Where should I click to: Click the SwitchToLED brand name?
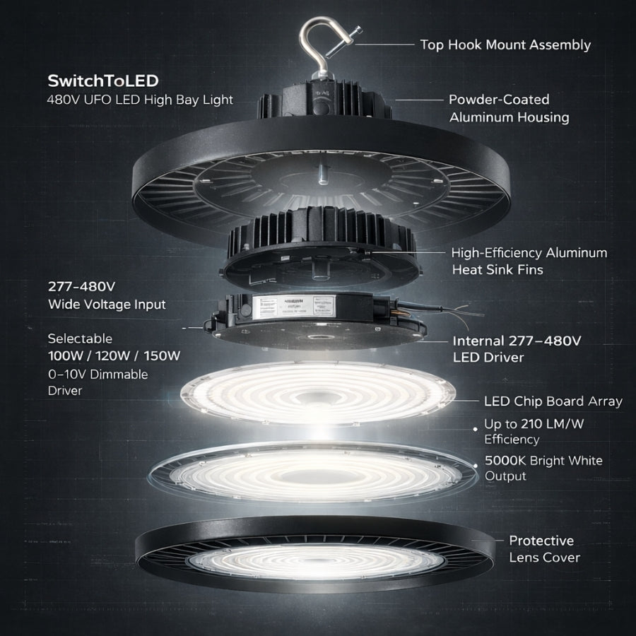(102, 80)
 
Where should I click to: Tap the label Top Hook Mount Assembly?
(505, 45)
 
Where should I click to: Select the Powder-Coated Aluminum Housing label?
(508, 108)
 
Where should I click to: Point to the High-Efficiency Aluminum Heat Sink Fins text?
(529, 261)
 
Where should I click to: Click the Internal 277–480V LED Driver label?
(517, 349)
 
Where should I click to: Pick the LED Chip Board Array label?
(553, 401)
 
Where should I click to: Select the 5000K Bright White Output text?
(543, 468)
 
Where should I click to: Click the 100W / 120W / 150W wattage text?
(114, 355)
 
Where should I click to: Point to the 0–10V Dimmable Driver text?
(98, 382)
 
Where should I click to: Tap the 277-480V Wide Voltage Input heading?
(107, 296)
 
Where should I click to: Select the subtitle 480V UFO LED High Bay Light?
(140, 100)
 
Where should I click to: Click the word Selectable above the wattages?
(80, 338)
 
